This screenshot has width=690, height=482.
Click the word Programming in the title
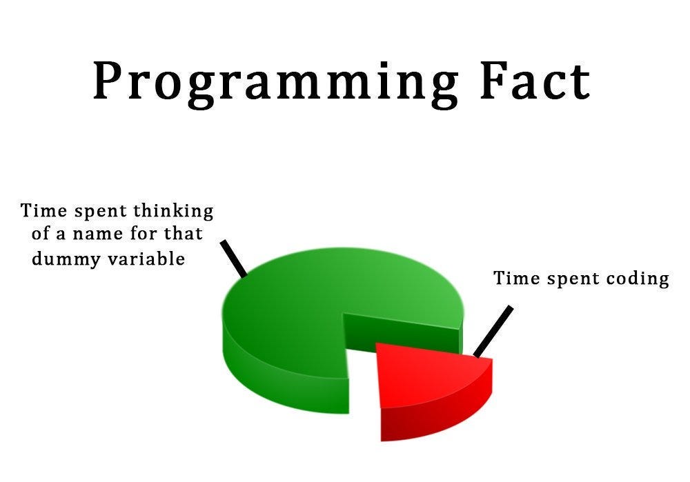pyautogui.click(x=276, y=83)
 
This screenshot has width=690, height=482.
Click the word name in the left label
pyautogui.click(x=101, y=234)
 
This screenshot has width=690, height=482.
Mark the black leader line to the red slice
pyautogui.click(x=493, y=331)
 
